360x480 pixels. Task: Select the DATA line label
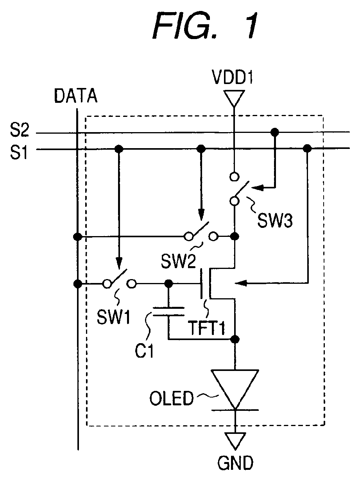tap(75, 96)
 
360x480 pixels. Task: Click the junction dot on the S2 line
tap(275, 132)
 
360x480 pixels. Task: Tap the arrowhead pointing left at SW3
tap(258, 187)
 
